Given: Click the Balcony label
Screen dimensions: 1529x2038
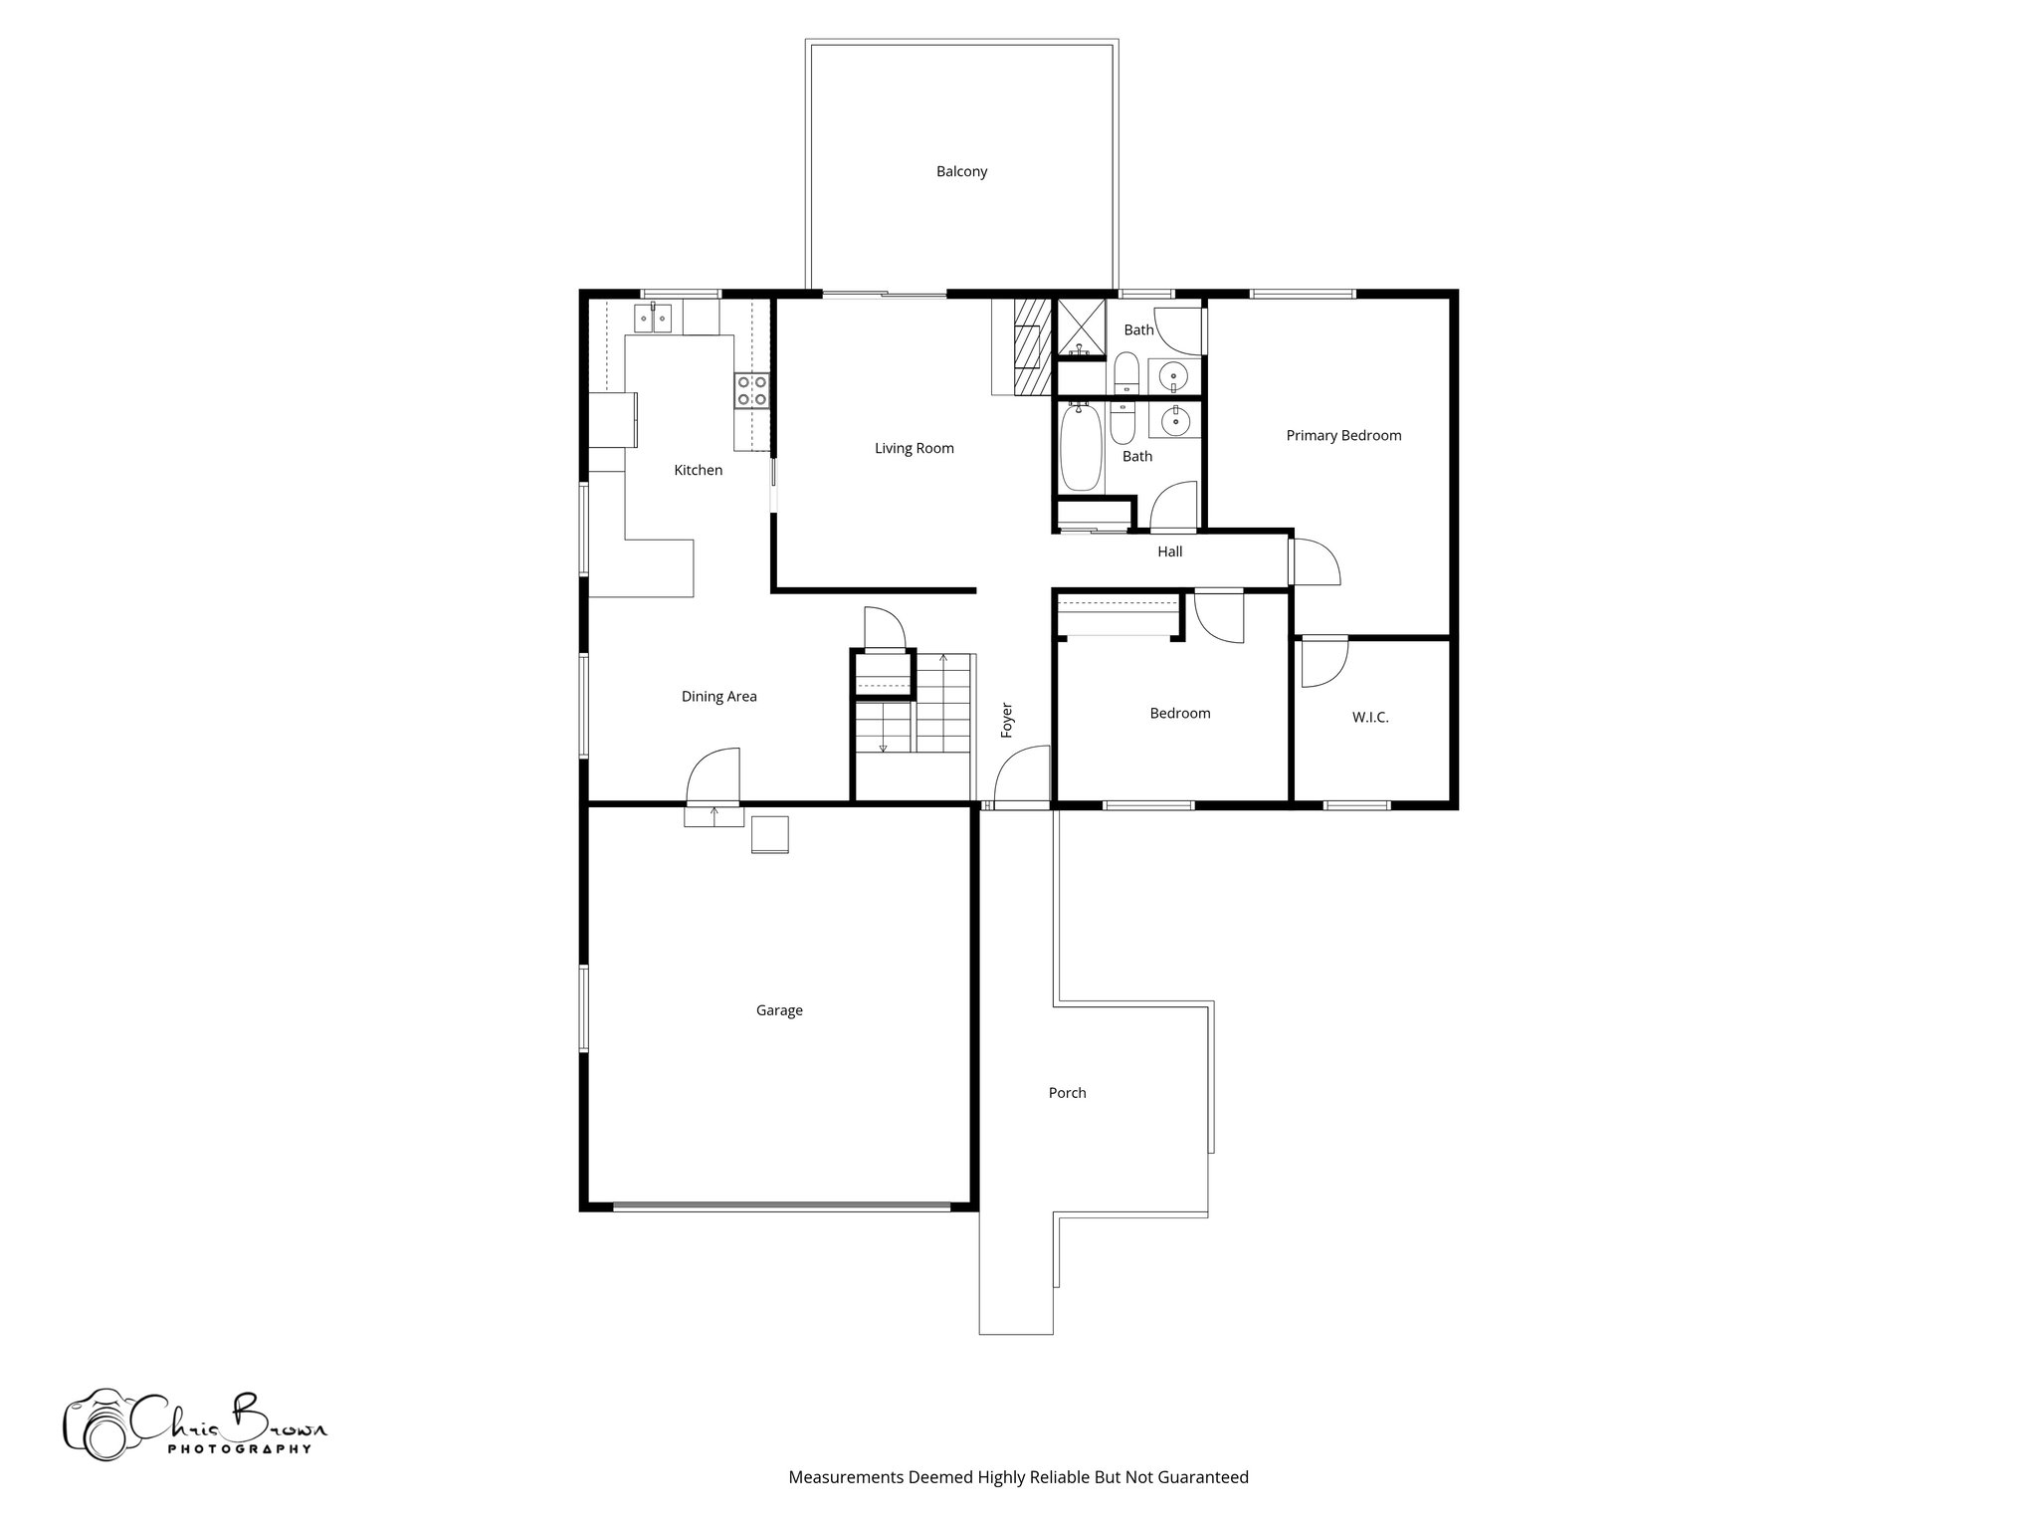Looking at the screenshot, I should (x=961, y=171).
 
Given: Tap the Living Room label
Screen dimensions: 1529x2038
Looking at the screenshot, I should (x=914, y=448).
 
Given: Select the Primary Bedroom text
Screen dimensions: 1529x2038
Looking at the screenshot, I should (x=1342, y=435).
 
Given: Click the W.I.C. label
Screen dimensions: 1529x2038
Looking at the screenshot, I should (x=1369, y=717).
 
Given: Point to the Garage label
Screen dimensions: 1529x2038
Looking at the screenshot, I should (x=778, y=1010).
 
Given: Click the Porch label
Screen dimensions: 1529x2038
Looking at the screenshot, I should (x=1067, y=1093).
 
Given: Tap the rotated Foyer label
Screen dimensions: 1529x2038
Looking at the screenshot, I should (x=1007, y=720).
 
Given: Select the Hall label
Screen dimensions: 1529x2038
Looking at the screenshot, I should (x=1169, y=551).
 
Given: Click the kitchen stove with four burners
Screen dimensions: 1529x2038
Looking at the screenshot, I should (x=751, y=390).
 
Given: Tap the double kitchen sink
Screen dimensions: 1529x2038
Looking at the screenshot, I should (x=654, y=320).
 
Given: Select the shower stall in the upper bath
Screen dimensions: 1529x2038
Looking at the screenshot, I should (x=1080, y=328).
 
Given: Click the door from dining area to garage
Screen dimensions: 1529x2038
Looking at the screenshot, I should (x=713, y=776).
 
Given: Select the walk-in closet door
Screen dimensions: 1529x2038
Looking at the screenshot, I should (x=1323, y=662).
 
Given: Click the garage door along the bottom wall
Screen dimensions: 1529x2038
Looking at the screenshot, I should (x=781, y=1206).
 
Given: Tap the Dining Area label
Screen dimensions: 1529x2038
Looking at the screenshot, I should (x=718, y=697).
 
